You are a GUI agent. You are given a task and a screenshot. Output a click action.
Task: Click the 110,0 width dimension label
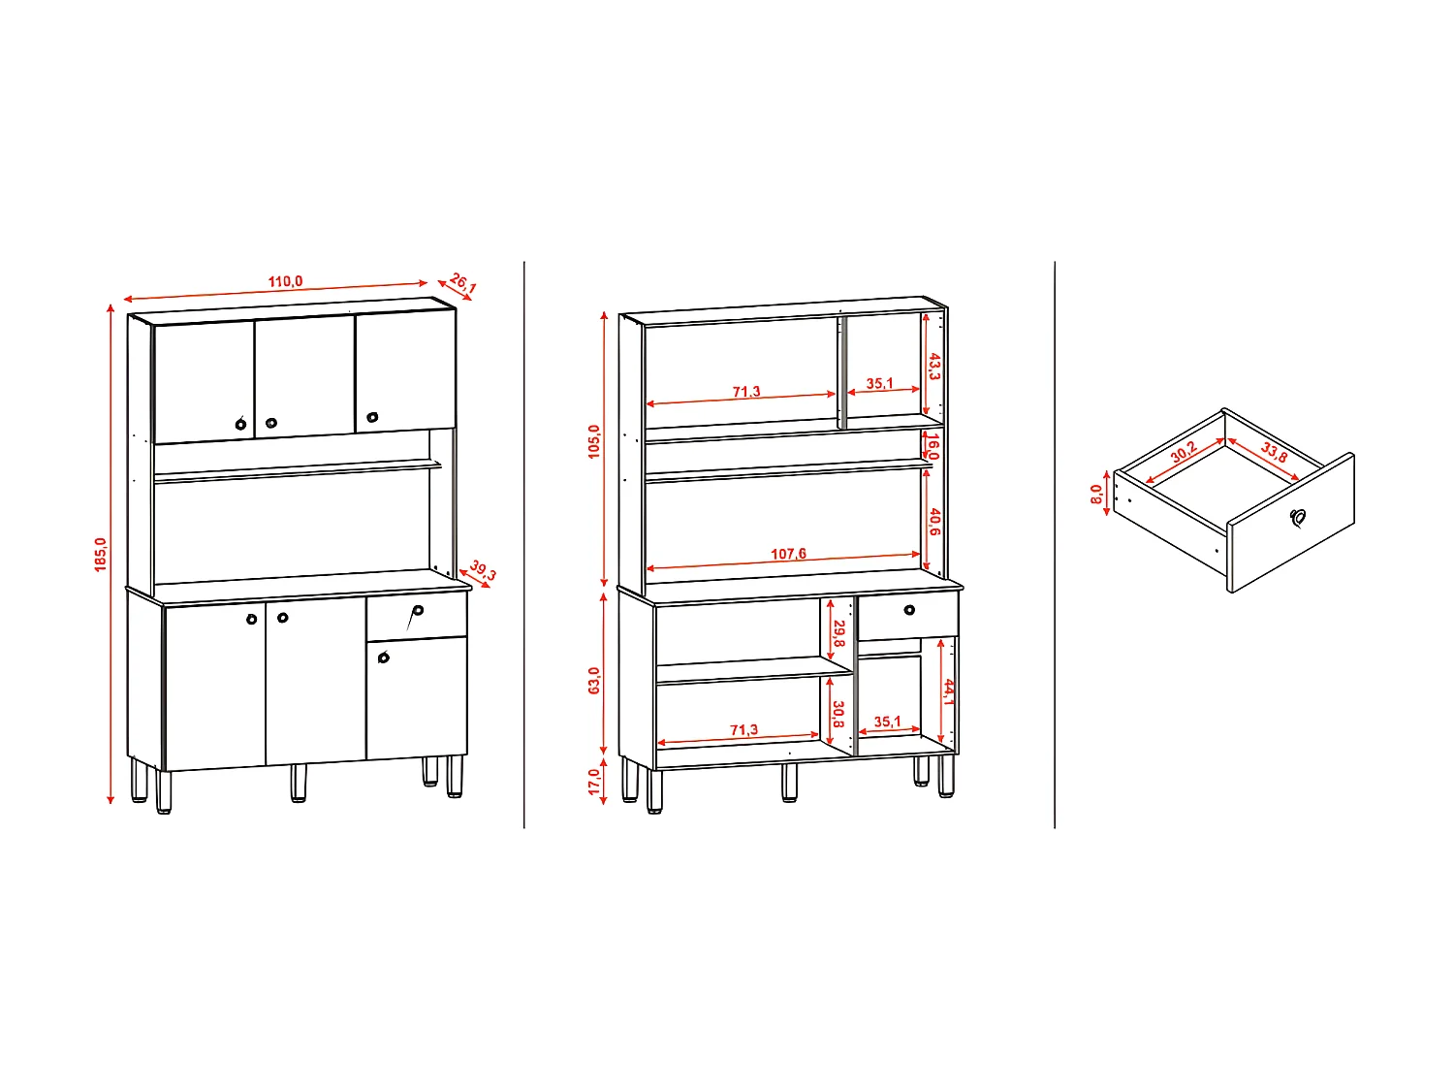click(285, 281)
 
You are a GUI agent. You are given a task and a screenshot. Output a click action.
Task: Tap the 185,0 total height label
click(101, 554)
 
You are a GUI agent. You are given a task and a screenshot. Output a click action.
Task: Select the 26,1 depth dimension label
click(463, 283)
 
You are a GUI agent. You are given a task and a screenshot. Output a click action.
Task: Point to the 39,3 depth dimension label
click(483, 570)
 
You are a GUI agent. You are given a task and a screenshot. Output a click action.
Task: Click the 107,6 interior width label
click(788, 554)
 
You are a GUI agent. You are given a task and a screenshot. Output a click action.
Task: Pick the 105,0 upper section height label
click(594, 441)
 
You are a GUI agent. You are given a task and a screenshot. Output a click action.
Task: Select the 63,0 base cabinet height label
click(594, 680)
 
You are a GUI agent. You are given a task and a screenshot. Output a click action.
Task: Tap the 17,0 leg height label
click(594, 782)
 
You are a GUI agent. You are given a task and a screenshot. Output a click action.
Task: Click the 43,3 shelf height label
click(934, 367)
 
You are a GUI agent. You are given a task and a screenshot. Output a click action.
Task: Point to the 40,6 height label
click(934, 522)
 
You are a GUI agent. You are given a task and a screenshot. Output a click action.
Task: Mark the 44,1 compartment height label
click(949, 691)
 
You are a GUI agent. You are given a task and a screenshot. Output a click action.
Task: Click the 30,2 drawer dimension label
click(1184, 452)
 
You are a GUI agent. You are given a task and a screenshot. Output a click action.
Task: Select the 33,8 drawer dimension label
click(1275, 452)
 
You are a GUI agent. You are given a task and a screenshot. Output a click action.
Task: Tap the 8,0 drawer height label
click(1096, 495)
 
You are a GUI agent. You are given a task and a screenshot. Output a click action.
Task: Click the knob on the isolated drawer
click(1298, 518)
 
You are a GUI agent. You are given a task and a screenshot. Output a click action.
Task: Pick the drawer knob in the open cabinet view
click(909, 610)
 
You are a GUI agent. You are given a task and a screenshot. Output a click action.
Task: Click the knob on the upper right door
click(372, 417)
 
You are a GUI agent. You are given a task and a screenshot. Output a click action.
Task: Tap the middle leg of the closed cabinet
click(299, 784)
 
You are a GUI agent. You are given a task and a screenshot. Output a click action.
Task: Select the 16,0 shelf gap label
click(932, 447)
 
